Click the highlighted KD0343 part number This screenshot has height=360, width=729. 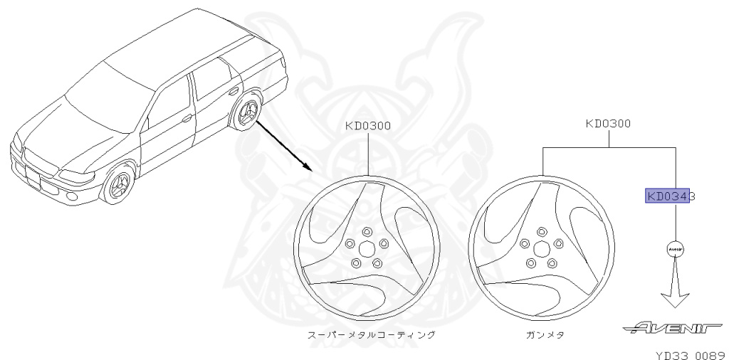pos(669,196)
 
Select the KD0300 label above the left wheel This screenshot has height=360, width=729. pos(367,126)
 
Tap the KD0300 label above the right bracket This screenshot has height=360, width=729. pos(608,123)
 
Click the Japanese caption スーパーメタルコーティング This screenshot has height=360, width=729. pos(367,334)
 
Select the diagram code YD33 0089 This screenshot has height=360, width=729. pos(690,351)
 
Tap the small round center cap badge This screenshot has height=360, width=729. pos(675,249)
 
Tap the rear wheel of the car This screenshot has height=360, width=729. pos(246,116)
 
